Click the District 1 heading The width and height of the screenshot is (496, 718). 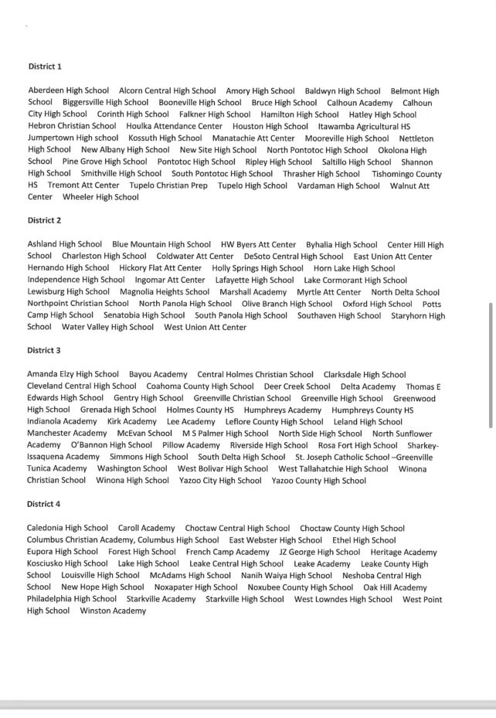[45, 67]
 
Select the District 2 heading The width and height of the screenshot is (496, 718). [44, 220]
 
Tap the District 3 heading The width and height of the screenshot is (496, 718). [44, 350]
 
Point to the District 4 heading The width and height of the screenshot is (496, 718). [44, 504]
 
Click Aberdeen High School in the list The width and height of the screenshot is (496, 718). [69, 90]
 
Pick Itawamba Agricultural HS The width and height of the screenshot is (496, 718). [364, 126]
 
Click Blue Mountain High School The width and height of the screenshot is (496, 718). [161, 244]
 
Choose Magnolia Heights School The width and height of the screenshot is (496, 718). [165, 292]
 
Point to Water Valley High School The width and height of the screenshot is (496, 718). [107, 327]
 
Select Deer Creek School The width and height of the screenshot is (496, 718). [297, 386]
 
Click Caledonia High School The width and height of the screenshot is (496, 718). [67, 528]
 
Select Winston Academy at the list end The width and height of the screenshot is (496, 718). [113, 611]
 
